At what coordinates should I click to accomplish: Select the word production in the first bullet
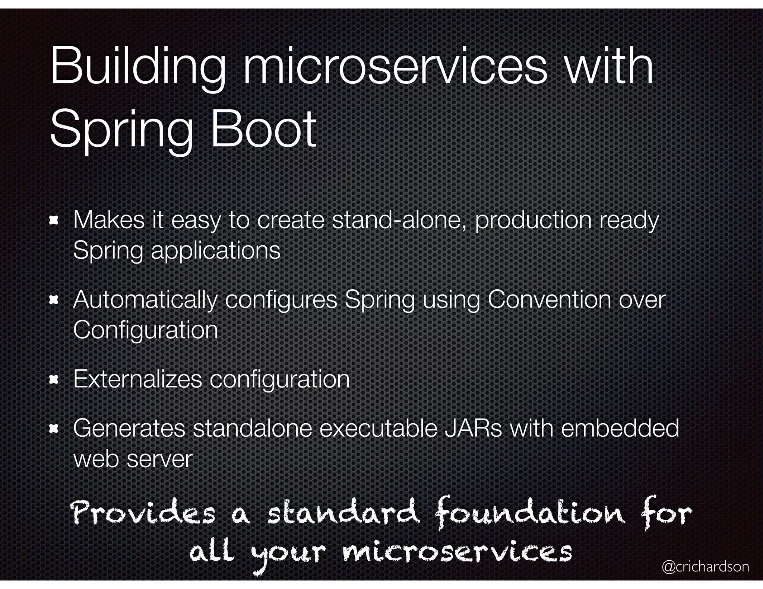[533, 221]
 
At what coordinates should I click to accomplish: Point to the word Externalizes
[137, 379]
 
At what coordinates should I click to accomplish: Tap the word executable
[378, 429]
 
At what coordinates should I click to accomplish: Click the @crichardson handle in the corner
[705, 567]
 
